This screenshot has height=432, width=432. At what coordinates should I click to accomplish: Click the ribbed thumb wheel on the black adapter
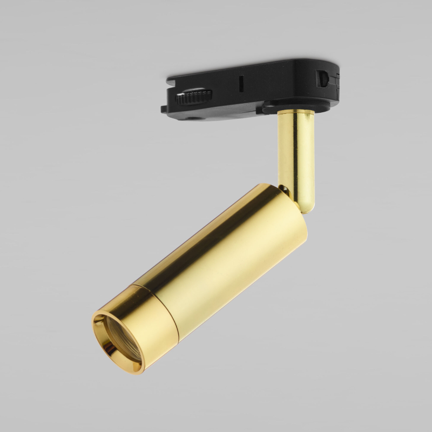194,98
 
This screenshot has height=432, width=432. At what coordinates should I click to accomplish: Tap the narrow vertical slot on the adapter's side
241,84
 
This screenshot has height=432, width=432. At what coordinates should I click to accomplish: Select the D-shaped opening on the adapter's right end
322,78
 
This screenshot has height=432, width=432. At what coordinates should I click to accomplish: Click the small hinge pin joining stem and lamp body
283,189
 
